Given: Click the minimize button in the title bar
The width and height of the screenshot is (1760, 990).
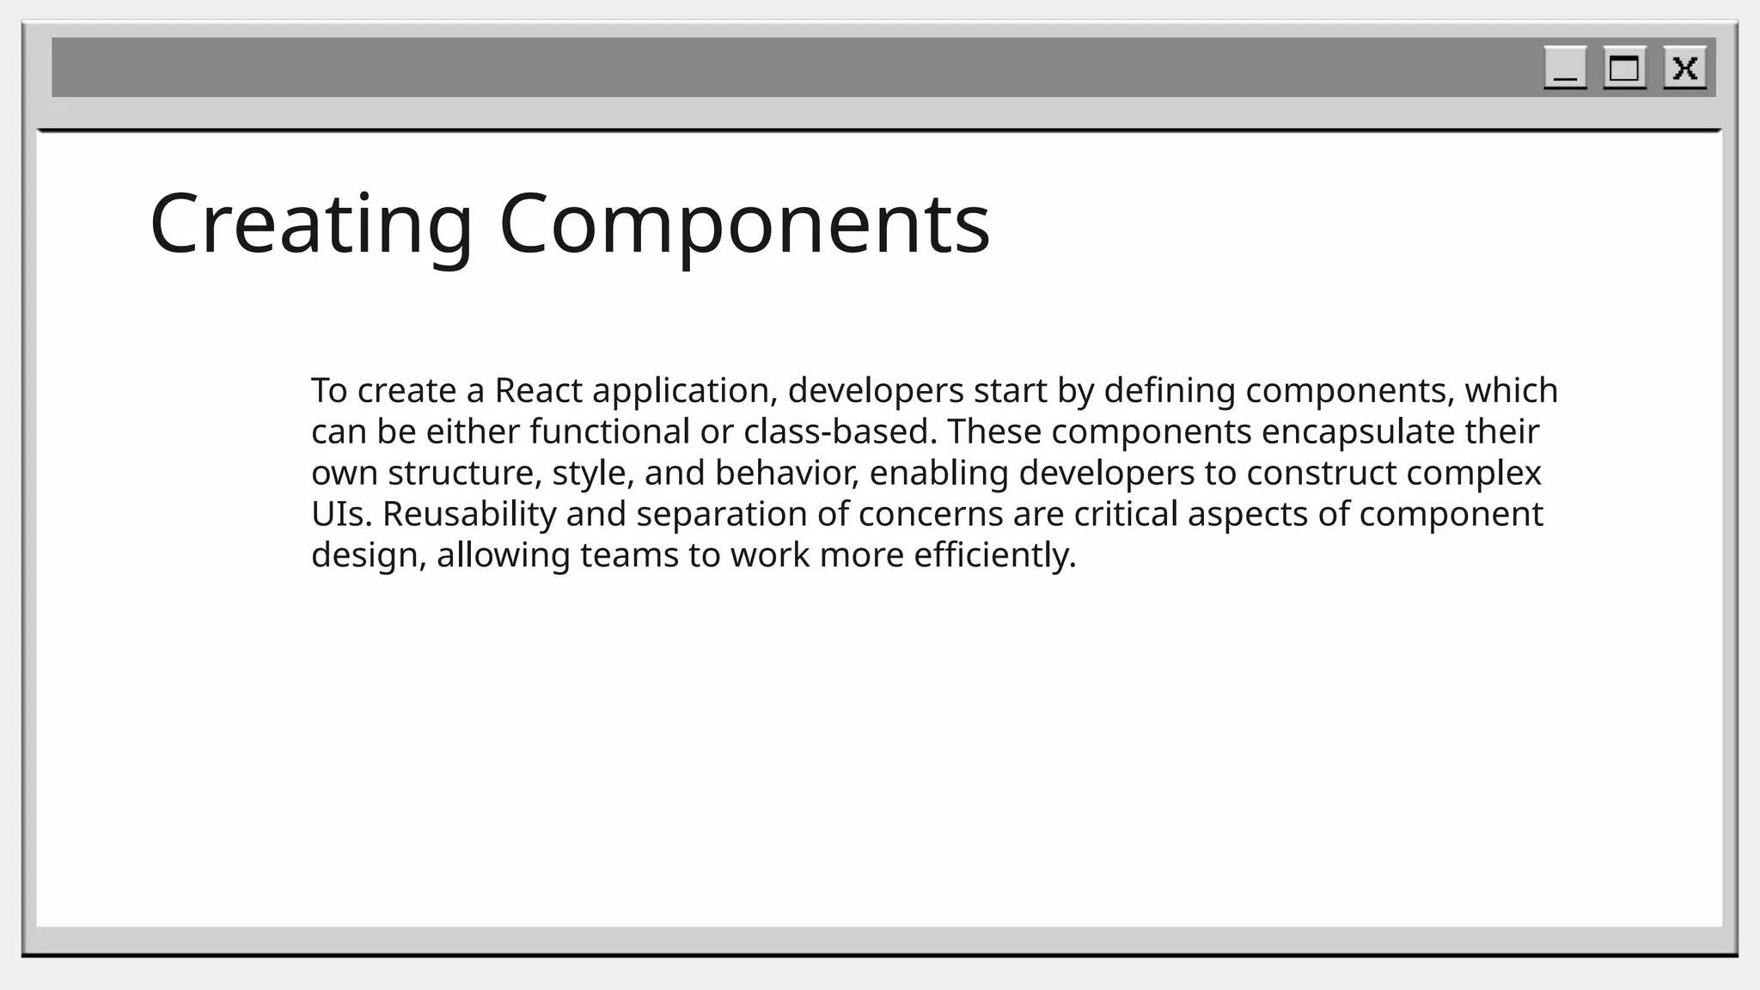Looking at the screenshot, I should point(1565,68).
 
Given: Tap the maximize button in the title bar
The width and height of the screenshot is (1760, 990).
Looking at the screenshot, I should point(1624,68).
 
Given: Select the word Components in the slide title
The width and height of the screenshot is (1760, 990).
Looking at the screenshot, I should point(744,223).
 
